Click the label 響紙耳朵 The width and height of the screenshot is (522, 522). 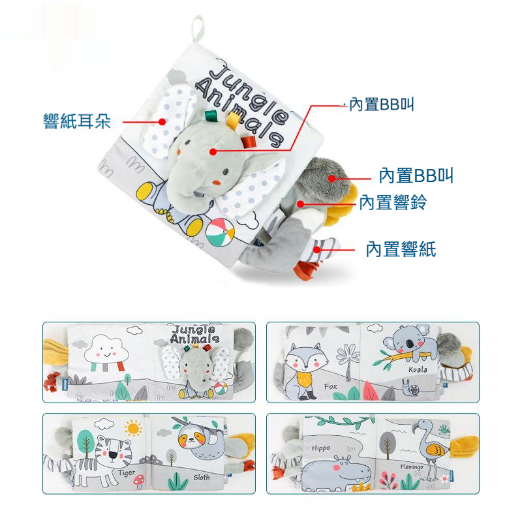click(77, 121)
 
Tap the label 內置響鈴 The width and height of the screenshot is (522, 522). click(393, 202)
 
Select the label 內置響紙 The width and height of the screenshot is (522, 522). click(401, 249)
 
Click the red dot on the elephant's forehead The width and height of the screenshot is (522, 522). click(213, 152)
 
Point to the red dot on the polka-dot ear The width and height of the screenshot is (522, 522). click(162, 122)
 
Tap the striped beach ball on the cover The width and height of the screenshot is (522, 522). click(220, 232)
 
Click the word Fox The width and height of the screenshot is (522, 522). click(331, 386)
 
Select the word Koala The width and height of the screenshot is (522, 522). click(418, 369)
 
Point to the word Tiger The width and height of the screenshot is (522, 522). click(127, 473)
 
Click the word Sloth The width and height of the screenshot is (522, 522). click(202, 478)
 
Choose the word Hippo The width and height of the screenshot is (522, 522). click(321, 448)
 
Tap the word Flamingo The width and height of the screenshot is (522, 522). click(412, 467)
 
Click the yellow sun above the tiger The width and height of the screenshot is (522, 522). click(133, 428)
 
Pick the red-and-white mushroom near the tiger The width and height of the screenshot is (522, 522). click(138, 481)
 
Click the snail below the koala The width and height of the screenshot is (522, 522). click(412, 388)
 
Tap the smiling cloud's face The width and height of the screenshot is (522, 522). click(106, 352)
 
